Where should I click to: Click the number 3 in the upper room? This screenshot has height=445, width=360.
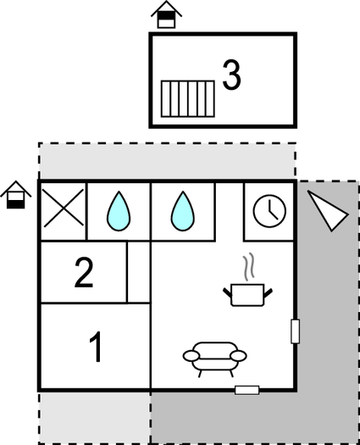(231, 75)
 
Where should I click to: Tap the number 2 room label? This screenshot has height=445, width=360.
(84, 272)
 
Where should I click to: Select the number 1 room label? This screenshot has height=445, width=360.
(96, 347)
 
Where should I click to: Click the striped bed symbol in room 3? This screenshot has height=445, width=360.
(188, 99)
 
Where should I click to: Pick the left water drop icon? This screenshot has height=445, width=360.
(119, 211)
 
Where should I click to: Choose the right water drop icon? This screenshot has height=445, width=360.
(183, 211)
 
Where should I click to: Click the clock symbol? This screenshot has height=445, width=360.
(269, 211)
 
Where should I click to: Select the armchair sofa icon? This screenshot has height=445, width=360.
(215, 359)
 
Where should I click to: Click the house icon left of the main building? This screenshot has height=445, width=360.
(16, 195)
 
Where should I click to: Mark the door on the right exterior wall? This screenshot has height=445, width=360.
(296, 331)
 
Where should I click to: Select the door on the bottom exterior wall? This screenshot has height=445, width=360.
(247, 390)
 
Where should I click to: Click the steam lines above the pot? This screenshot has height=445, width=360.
(248, 267)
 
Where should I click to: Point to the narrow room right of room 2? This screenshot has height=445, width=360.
(139, 272)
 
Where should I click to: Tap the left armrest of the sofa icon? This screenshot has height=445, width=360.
(191, 356)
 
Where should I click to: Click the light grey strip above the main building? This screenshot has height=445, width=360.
(168, 161)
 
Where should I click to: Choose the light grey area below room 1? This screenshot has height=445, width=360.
(95, 417)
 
